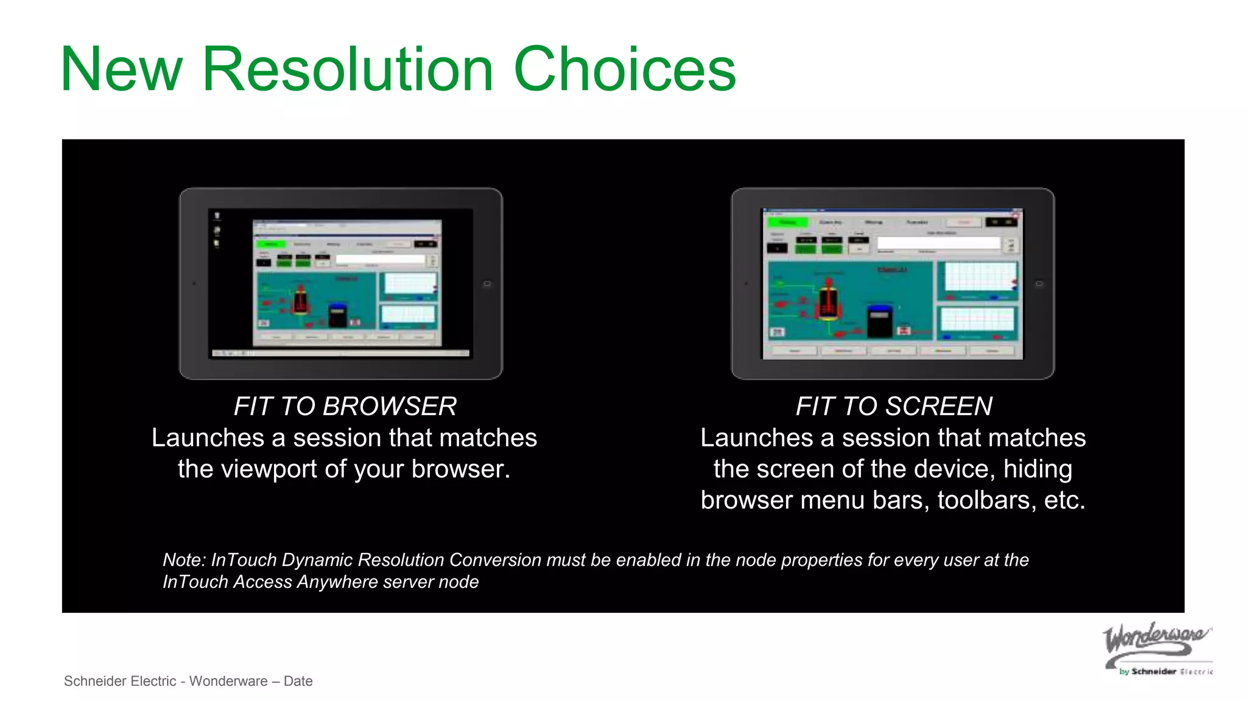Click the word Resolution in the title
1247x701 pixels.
(x=347, y=70)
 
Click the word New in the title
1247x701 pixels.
(x=121, y=70)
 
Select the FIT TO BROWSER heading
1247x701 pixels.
(x=345, y=406)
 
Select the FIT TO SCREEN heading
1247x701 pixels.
(x=893, y=406)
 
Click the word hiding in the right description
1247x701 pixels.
(x=1038, y=469)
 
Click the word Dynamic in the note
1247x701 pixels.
(x=317, y=560)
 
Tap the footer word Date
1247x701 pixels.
(x=298, y=681)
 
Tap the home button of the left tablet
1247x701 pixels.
(x=487, y=284)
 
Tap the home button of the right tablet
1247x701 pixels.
(x=1039, y=284)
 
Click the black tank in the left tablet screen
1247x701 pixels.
(x=337, y=315)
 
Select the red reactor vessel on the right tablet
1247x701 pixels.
(x=828, y=302)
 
